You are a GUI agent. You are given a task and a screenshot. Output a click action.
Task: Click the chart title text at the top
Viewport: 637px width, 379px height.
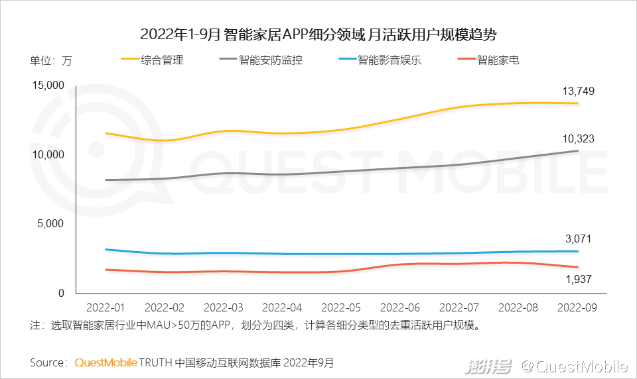318,34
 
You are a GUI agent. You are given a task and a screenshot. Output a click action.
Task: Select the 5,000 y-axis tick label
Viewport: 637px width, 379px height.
49,224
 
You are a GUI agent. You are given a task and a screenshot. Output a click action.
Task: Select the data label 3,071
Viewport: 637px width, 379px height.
577,239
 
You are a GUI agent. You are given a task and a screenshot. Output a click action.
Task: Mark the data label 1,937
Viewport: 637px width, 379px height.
577,280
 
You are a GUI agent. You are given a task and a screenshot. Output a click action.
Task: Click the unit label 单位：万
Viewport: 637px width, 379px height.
51,61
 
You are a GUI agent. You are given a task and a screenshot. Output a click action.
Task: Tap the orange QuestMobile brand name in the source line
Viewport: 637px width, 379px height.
106,362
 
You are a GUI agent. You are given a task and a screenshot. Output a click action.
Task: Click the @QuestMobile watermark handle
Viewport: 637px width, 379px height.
575,366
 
